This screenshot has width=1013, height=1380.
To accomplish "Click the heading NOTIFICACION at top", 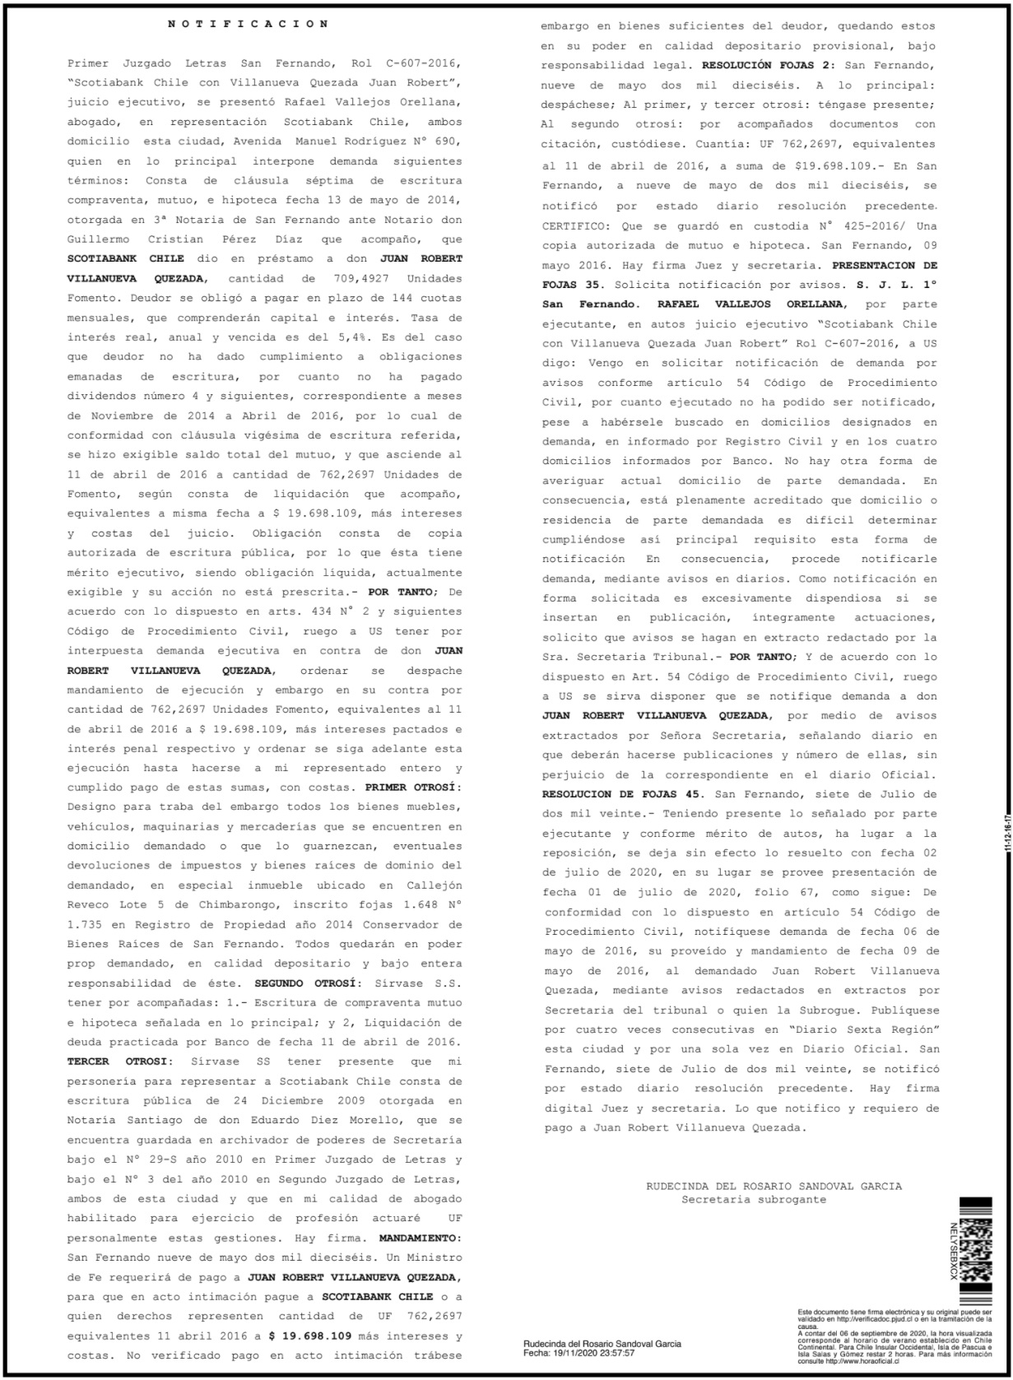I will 248,24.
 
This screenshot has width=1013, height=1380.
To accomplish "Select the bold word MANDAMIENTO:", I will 421,1238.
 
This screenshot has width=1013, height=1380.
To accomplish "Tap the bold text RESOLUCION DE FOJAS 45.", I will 624,794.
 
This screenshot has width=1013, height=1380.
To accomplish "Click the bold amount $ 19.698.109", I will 310,1336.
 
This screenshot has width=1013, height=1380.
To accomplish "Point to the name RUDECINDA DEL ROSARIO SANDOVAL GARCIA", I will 774,1186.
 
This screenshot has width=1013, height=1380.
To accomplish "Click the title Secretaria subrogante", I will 753,1199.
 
